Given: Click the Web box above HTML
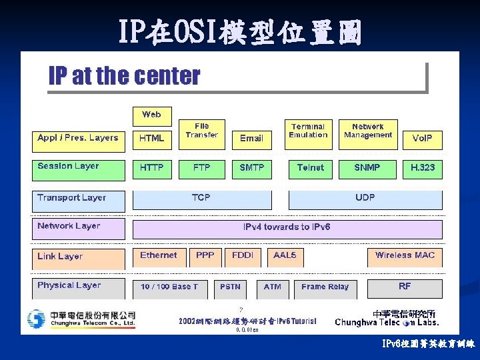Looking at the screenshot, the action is click(151, 115).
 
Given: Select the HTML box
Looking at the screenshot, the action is click(151, 139).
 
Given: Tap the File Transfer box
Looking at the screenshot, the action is click(201, 131).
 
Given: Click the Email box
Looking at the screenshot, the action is click(251, 139).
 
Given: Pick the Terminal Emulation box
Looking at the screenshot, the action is click(308, 131).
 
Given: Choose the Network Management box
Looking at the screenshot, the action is click(367, 131).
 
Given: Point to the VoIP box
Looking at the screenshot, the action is click(422, 139).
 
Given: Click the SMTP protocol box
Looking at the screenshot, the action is click(251, 168).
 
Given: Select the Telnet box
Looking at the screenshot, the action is click(310, 168).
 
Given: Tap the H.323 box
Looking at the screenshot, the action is click(422, 168).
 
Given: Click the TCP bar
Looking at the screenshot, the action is click(202, 199).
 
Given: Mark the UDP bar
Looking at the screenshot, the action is click(365, 199).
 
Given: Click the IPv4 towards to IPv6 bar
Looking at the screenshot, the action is click(287, 228).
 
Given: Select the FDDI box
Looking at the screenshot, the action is click(243, 256).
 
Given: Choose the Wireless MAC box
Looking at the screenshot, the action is click(405, 256).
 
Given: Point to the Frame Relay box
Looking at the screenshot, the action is click(325, 287).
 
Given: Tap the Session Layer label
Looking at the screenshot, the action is click(78, 167).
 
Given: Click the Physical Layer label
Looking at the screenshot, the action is click(78, 287).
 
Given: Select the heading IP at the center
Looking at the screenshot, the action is click(125, 77).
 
